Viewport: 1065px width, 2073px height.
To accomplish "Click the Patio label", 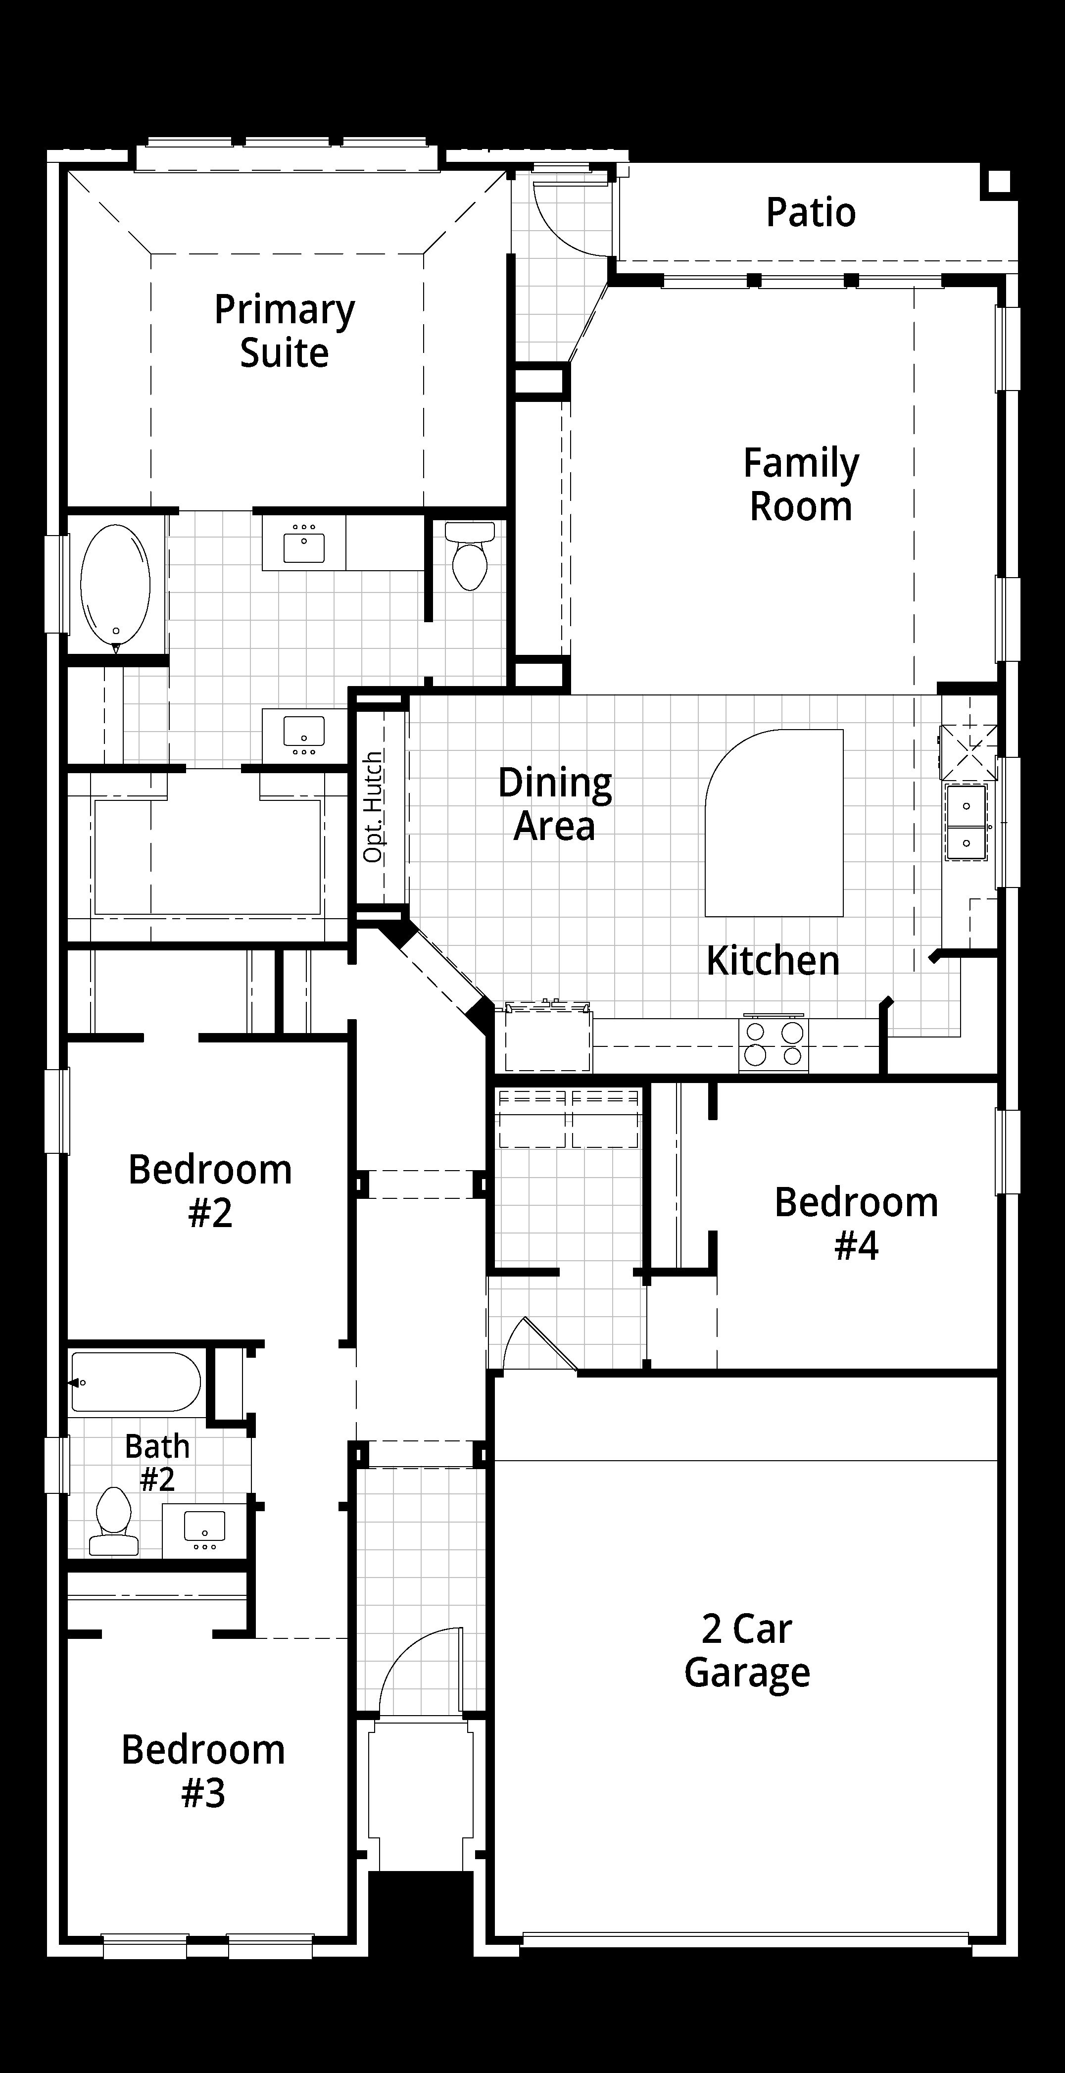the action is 810,212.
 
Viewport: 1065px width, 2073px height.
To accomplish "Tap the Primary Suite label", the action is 284,331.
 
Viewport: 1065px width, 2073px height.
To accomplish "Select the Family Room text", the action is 801,485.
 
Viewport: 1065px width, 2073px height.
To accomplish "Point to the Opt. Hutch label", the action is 373,807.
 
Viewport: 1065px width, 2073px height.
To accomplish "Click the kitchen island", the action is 775,823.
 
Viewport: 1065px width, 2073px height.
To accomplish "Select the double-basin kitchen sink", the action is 966,823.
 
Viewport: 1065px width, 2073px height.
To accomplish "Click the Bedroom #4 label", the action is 857,1223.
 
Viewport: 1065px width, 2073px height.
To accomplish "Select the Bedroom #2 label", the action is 210,1190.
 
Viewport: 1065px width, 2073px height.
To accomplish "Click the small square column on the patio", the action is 998,182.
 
